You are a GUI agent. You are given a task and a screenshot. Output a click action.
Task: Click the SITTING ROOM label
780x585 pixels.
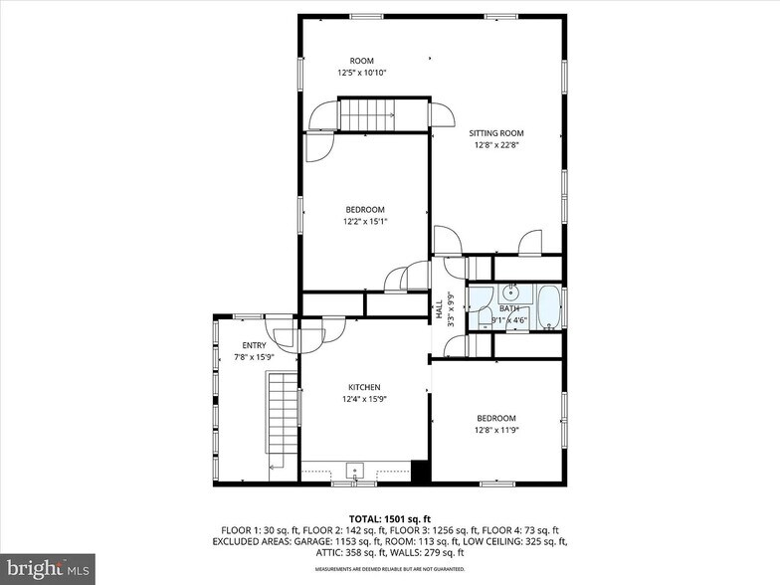[x=496, y=132]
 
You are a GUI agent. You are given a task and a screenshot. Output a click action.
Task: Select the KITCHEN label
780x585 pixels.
[x=364, y=387]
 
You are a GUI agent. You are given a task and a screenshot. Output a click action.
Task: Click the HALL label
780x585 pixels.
[x=439, y=309]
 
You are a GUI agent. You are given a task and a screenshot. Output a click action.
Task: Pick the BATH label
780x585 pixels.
[x=509, y=308]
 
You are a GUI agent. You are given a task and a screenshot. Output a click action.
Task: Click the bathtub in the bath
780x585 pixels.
[x=549, y=307]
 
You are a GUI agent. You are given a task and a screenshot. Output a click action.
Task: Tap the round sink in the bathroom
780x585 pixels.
[x=510, y=292]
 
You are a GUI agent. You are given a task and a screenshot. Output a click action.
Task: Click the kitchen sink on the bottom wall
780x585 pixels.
[x=354, y=470]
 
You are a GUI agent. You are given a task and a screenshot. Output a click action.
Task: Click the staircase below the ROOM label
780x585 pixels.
[x=368, y=114]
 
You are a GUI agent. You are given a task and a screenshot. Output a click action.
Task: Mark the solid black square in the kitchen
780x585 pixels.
[x=421, y=472]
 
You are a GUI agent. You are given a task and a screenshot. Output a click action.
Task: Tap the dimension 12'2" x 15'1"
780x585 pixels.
[x=365, y=221]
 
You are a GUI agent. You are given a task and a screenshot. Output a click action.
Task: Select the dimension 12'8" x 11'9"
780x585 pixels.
[x=496, y=430]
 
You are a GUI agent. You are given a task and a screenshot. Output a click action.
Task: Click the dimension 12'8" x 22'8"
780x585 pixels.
[x=496, y=145]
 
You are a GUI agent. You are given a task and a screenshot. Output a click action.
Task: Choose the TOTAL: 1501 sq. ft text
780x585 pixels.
[x=389, y=518]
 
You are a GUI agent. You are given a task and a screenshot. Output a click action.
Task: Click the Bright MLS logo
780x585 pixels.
[x=48, y=568]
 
